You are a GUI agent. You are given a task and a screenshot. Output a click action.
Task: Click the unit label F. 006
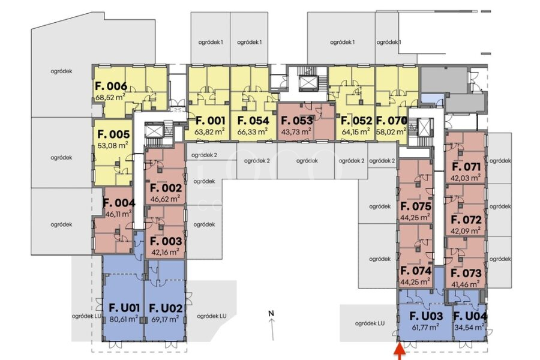[x=111, y=86]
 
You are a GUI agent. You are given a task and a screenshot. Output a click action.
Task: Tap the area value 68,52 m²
[x=110, y=97]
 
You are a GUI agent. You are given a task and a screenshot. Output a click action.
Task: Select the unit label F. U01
[x=124, y=308]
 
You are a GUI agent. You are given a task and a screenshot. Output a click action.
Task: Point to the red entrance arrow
[x=400, y=352]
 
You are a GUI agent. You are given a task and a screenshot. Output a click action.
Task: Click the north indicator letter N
[x=271, y=313]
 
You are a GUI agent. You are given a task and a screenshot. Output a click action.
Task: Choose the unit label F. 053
[x=297, y=121]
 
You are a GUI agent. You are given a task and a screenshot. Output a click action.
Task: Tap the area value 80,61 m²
[x=124, y=319]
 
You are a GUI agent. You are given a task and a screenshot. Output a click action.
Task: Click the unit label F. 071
[x=466, y=167]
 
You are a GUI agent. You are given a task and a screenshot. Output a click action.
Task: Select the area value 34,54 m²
[x=469, y=327]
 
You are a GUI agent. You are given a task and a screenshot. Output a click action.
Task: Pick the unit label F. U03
[x=426, y=316]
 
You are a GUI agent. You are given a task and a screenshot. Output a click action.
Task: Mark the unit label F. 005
[x=113, y=134]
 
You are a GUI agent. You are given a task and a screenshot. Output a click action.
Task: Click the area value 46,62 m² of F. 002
[x=166, y=199]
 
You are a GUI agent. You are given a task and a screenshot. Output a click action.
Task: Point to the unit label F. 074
[x=416, y=271]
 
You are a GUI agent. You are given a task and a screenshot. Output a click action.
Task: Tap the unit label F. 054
[x=253, y=121]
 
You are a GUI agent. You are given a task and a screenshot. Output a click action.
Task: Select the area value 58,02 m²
[x=391, y=131]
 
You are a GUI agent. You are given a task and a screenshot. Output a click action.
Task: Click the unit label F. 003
[x=166, y=241]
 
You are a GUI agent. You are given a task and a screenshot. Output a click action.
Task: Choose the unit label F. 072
[x=466, y=220]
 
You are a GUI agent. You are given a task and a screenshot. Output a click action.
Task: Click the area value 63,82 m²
[x=210, y=131]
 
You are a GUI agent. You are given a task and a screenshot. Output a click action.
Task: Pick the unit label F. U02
[x=166, y=308]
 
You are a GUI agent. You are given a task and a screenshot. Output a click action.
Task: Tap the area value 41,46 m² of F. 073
[x=465, y=284]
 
